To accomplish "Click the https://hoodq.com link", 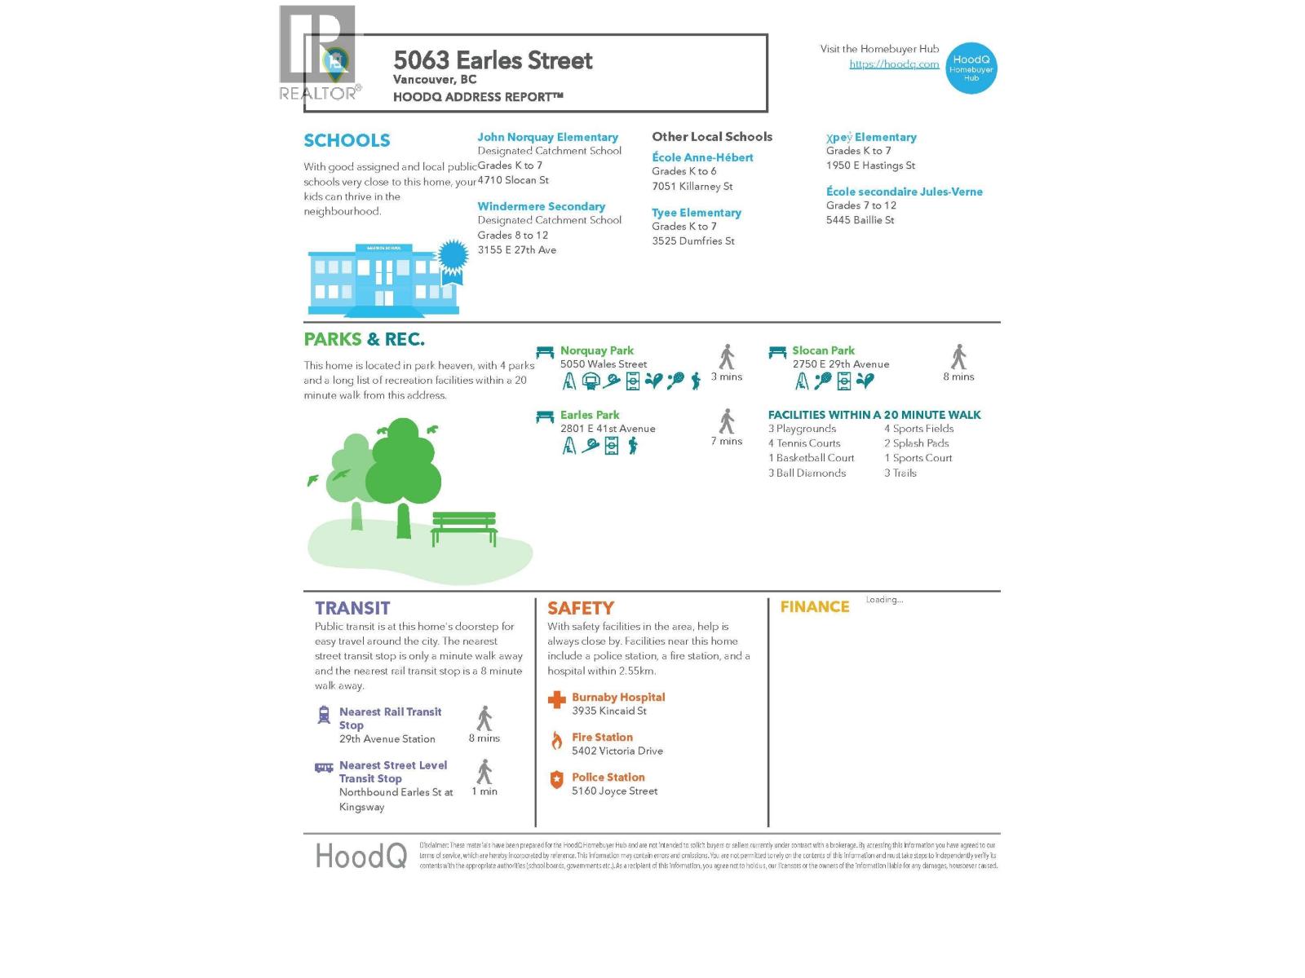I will point(894,64).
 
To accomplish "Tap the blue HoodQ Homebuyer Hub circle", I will point(971,68).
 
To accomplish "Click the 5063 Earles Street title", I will point(493,60).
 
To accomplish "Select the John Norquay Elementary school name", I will point(547,137).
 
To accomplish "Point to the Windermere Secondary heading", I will point(541,206).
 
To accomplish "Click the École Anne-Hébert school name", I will point(702,157).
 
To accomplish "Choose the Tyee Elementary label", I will point(696,213).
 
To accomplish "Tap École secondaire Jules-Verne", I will point(904,192).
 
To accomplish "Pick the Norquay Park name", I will point(596,350).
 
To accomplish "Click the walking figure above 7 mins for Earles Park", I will point(727,421).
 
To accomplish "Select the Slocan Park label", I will point(823,350).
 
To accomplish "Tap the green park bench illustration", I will point(463,527).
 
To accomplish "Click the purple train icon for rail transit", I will point(324,715).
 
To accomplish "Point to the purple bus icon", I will point(324,767).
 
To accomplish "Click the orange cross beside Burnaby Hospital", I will point(556,699).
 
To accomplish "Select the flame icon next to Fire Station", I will point(556,740).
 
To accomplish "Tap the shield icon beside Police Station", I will point(556,780).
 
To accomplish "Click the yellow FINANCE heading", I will point(814,607).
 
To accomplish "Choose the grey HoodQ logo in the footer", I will point(361,856).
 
